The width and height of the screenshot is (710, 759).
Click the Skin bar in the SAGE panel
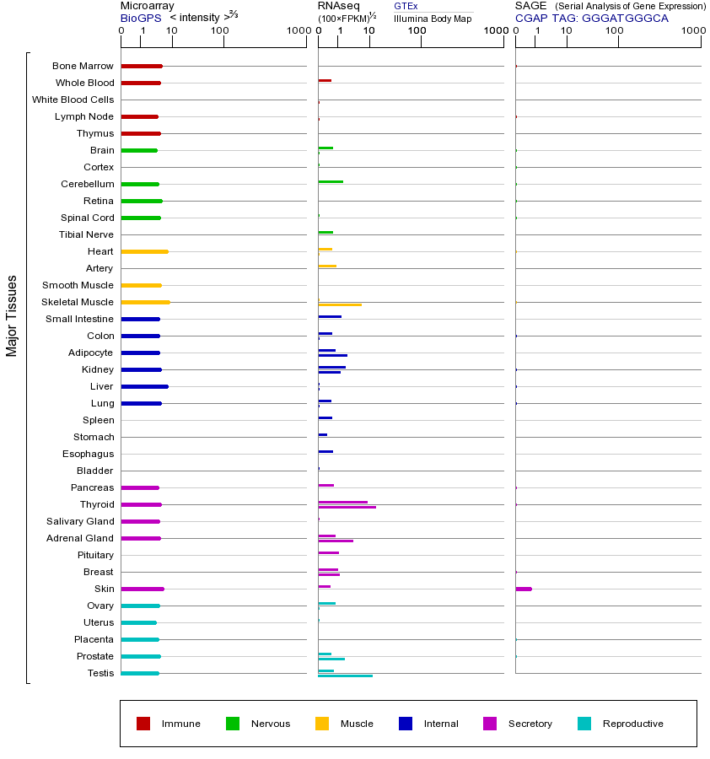(x=524, y=589)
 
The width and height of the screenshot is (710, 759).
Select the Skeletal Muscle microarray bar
(x=145, y=302)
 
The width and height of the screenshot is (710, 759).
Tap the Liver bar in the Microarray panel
(x=144, y=386)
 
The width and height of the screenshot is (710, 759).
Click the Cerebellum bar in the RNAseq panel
(x=331, y=181)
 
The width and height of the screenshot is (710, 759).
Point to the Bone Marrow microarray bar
(x=142, y=66)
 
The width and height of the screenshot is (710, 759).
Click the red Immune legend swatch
(x=143, y=724)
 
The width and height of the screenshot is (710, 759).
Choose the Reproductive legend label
(x=632, y=724)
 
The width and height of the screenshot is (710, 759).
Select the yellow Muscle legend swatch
(x=322, y=724)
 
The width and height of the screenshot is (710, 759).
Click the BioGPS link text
(x=141, y=18)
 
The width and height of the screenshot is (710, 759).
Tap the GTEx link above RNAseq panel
(x=406, y=6)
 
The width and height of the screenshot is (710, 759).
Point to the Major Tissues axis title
(x=12, y=315)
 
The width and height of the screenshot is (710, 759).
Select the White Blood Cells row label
(x=73, y=100)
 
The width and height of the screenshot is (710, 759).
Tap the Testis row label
(x=100, y=673)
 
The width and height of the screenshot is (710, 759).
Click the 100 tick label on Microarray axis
(x=219, y=31)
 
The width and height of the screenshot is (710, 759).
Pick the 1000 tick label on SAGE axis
(x=692, y=31)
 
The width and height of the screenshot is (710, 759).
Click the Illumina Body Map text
(x=433, y=18)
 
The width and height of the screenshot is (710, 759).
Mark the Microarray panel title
(x=147, y=6)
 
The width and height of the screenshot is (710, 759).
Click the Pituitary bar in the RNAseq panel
(x=328, y=552)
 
